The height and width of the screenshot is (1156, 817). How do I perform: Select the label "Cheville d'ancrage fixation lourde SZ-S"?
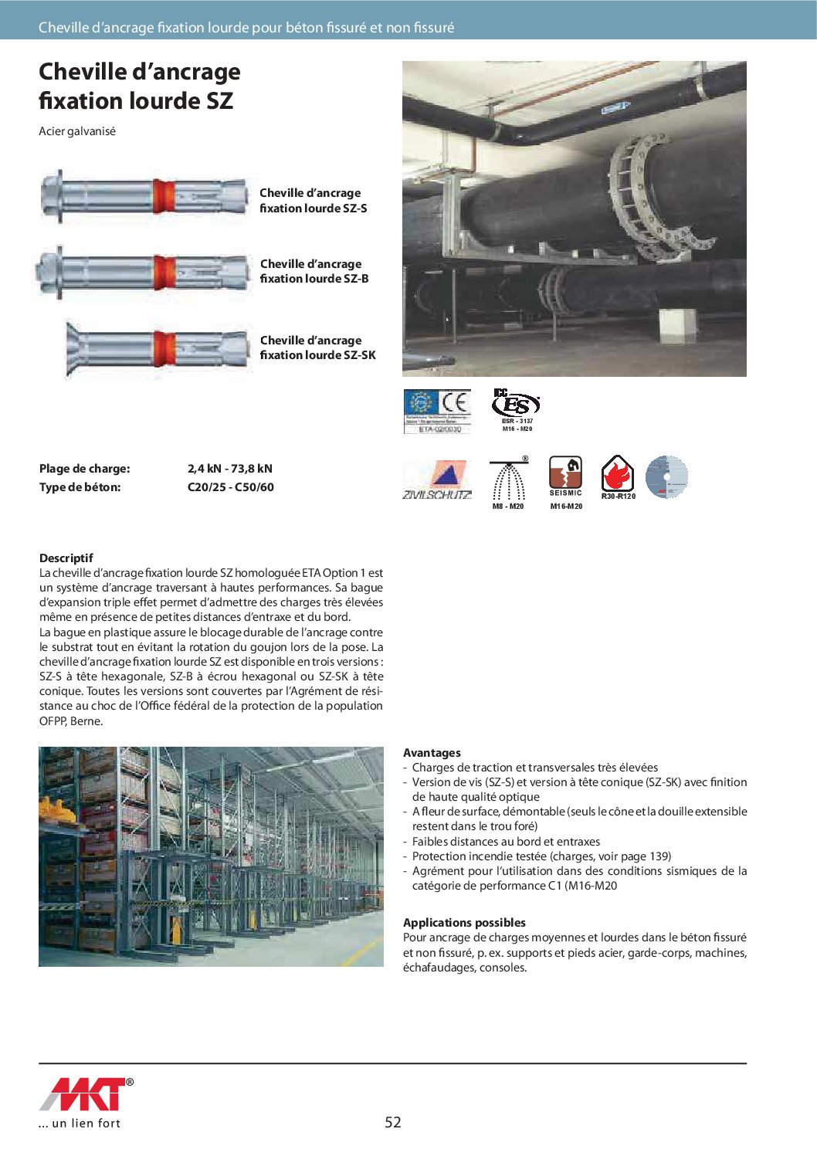313,201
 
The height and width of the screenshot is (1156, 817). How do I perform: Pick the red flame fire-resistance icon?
618,474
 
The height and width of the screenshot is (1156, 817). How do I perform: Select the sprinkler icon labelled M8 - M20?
508,480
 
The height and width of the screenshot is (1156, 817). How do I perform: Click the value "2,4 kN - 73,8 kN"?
229,469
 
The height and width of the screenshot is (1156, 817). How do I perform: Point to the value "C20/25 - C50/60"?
230,487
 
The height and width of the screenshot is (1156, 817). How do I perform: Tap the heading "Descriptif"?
66,558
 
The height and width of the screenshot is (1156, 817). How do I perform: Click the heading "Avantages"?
432,753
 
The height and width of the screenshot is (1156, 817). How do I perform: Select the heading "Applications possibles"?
464,923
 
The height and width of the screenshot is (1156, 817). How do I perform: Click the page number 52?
393,1123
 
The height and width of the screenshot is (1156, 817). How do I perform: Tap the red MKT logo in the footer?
83,1094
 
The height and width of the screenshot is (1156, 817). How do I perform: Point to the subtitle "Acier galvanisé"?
77,131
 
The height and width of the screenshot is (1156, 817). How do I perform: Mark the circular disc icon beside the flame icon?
666,476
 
